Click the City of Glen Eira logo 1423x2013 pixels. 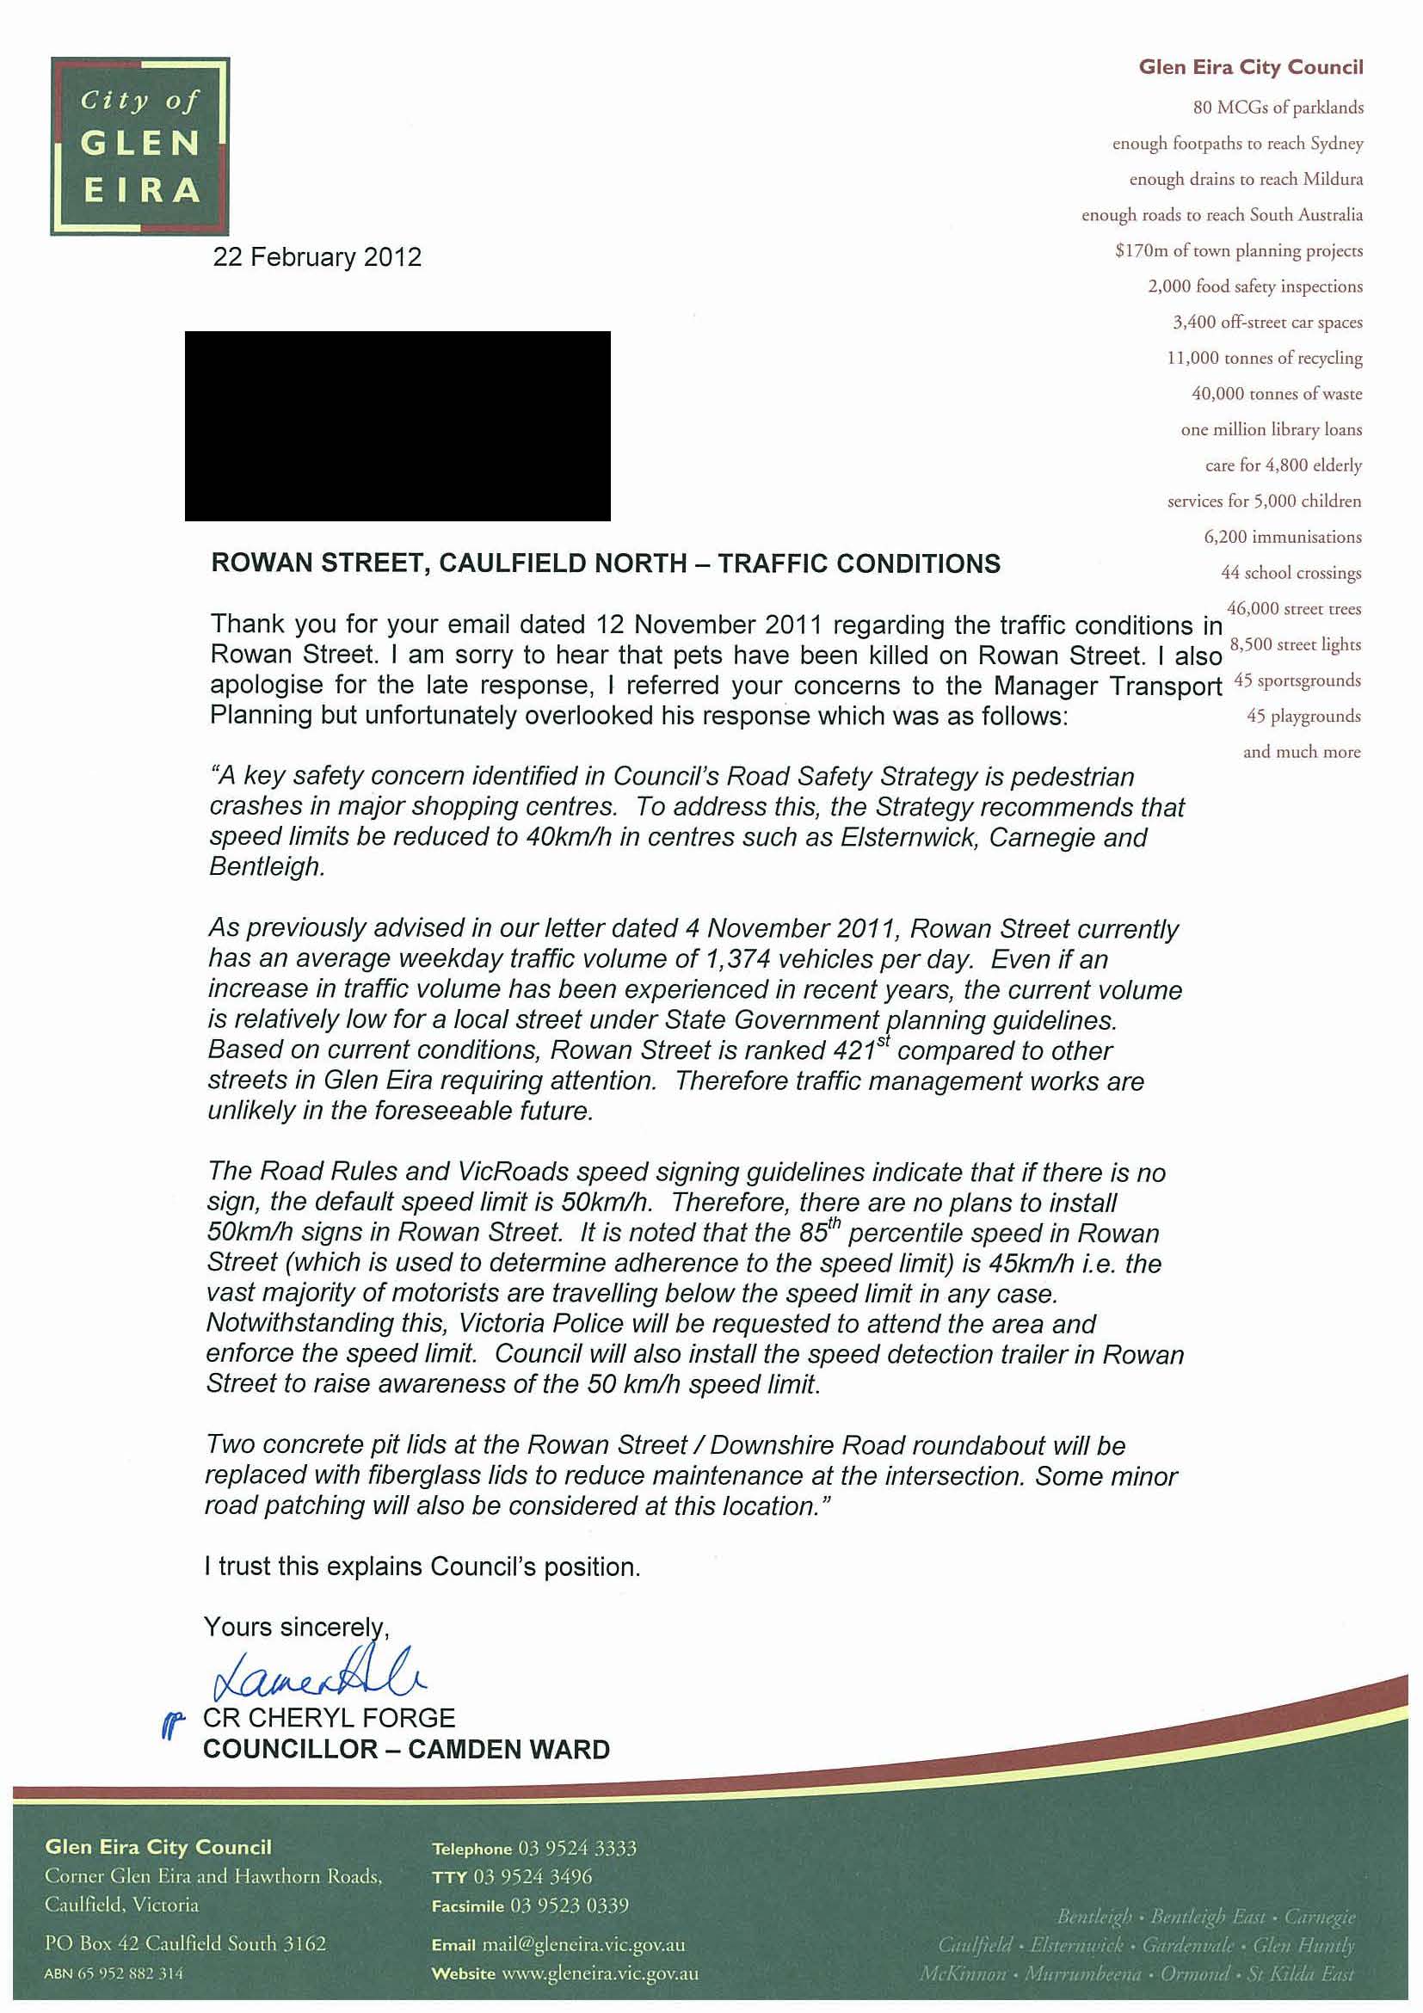[x=140, y=146]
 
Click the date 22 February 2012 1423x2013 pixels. [x=317, y=258]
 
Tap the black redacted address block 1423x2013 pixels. [x=397, y=426]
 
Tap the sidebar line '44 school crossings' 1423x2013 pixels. [x=1291, y=574]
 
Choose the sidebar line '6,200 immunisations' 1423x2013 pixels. [x=1282, y=538]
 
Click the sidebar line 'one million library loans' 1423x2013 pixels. [x=1272, y=429]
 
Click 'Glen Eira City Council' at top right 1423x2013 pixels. [x=1250, y=67]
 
